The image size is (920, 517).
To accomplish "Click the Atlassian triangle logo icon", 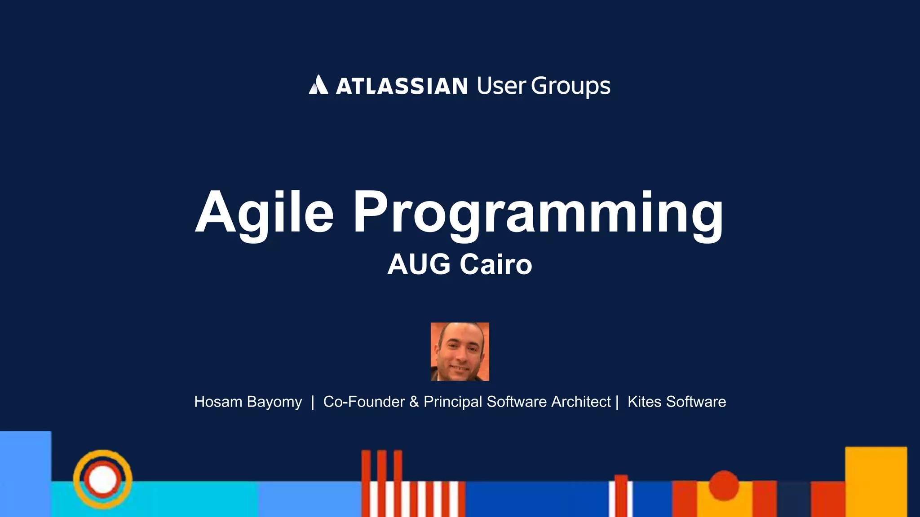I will pos(318,85).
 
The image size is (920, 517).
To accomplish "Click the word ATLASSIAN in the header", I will pos(402,86).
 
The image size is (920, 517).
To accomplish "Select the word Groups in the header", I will pos(571,86).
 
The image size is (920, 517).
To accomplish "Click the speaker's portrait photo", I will pos(460,351).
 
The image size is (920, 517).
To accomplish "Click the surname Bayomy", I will pos(274,402).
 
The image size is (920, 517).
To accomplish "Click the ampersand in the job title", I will pos(414,402).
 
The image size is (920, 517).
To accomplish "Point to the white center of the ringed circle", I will pos(102,479).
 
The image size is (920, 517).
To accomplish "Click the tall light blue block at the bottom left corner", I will pos(25,473).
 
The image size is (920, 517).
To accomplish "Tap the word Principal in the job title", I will pos(453,402).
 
